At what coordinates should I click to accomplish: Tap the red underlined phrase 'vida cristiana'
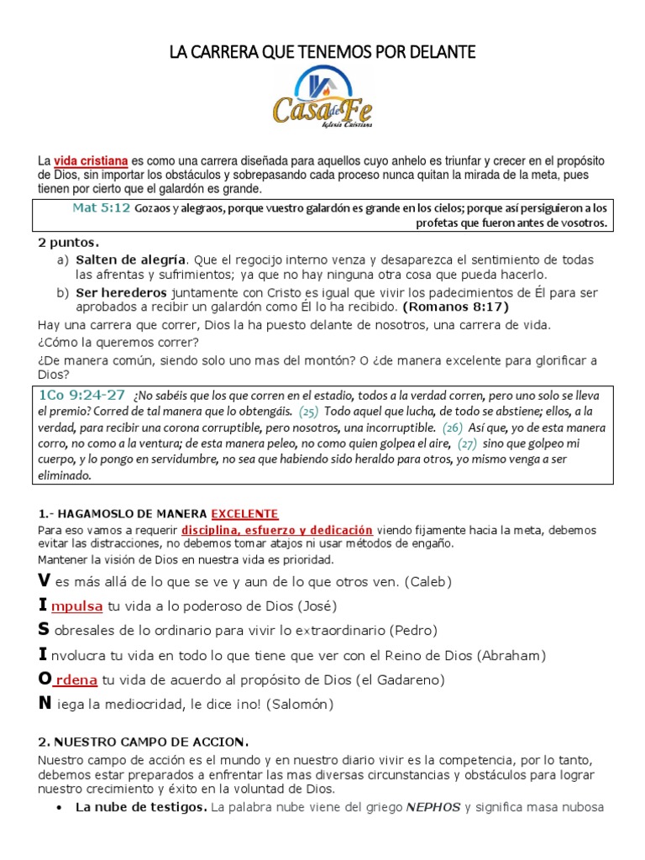tap(91, 160)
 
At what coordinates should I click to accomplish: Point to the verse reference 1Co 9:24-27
tap(81, 395)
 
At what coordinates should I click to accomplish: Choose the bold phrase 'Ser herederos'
tap(121, 292)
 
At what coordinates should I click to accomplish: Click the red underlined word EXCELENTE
tap(244, 514)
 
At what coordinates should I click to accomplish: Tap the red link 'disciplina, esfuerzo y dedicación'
tap(277, 530)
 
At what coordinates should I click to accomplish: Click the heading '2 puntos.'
tap(68, 243)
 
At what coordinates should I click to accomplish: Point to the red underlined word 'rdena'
tap(76, 679)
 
